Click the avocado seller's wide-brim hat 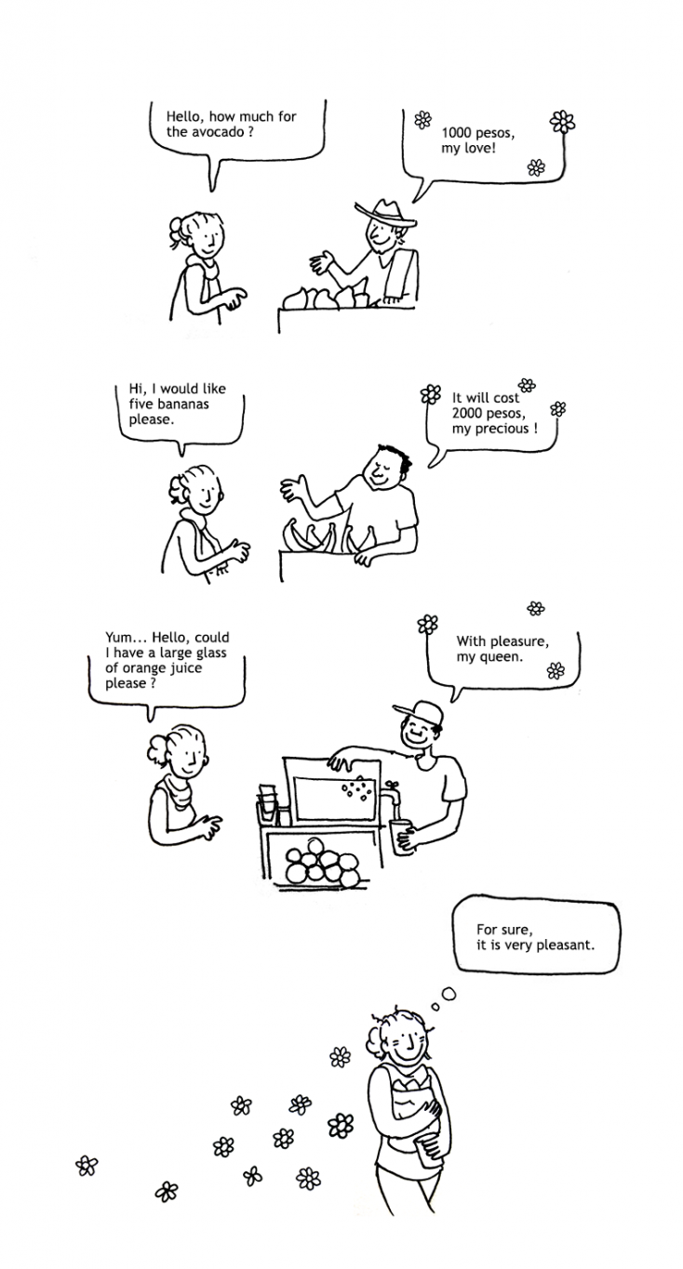(x=385, y=214)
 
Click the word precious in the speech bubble (x=502, y=429)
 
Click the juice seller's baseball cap (x=419, y=712)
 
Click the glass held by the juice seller (x=401, y=836)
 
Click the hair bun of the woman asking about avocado (x=175, y=230)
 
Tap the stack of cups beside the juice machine (x=268, y=803)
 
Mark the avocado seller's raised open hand (x=322, y=262)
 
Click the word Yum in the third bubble (x=118, y=638)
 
